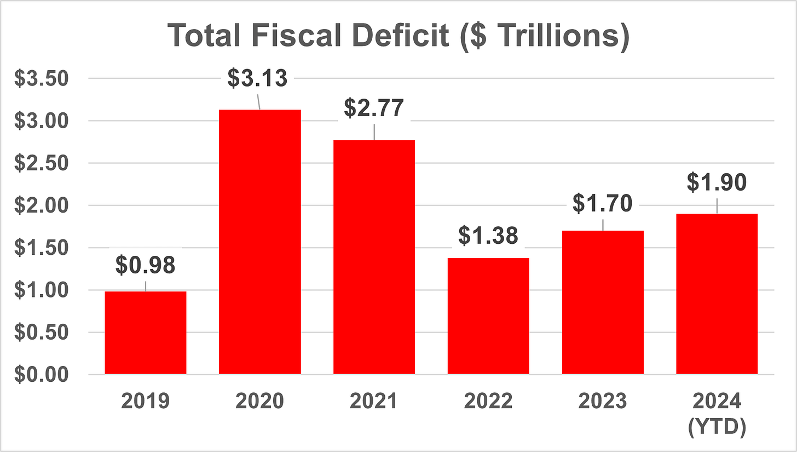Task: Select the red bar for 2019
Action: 146,333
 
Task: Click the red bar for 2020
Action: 259,242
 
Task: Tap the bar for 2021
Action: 374,257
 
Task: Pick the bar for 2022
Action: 488,316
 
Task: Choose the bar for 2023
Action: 603,302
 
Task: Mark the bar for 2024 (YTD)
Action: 717,294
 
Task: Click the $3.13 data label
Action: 257,78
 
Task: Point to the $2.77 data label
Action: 374,108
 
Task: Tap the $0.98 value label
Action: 146,265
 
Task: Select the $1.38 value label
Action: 488,236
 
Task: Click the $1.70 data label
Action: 602,203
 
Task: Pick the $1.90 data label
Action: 717,182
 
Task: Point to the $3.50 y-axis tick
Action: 41,78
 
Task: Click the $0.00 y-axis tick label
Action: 41,375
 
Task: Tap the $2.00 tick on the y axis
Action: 41,205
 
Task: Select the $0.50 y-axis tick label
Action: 41,333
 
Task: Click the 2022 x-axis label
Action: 488,401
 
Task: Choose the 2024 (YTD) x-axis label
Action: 717,414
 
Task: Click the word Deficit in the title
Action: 400,35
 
